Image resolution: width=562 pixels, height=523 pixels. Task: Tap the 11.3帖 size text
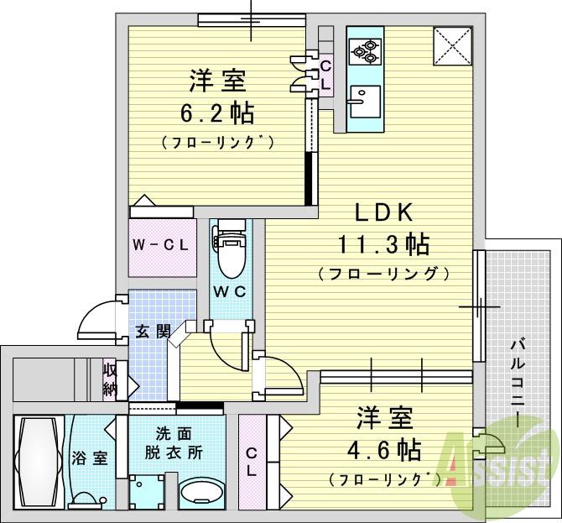pyautogui.click(x=383, y=244)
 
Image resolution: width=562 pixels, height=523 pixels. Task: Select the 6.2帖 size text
pyautogui.click(x=216, y=112)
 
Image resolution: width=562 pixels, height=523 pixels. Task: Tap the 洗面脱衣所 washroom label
pyautogui.click(x=177, y=443)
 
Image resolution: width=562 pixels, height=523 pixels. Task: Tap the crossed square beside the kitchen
pyautogui.click(x=451, y=47)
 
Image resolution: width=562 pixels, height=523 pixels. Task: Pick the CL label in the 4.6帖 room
pyautogui.click(x=252, y=462)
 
